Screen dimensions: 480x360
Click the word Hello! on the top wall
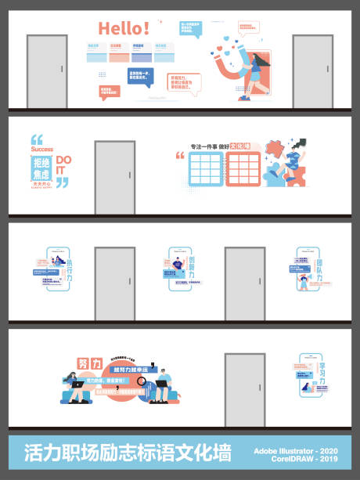(124, 29)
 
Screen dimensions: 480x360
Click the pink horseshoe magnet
(237, 66)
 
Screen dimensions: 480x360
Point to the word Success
(43, 148)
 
